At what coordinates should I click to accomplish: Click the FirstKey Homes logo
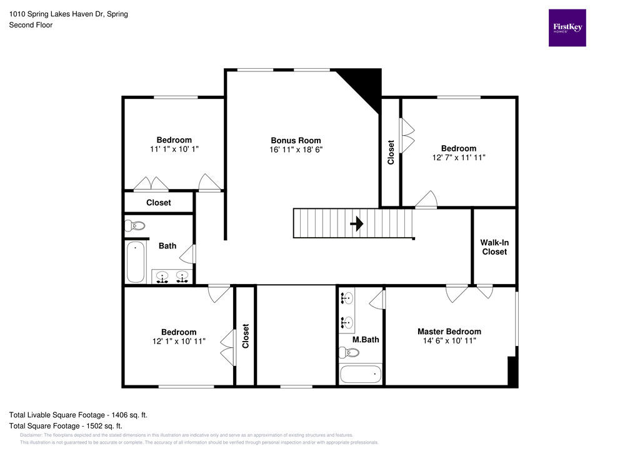(x=567, y=28)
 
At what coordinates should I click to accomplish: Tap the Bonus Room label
(x=296, y=140)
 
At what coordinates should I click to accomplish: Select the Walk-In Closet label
(x=494, y=247)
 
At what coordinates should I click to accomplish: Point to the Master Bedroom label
(x=449, y=332)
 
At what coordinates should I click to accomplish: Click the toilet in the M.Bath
(x=350, y=353)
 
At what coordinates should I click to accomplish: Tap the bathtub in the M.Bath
(x=360, y=374)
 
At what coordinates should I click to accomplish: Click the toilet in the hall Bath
(x=135, y=225)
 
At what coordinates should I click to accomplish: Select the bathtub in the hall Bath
(x=136, y=262)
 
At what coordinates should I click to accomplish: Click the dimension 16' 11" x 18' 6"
(x=296, y=150)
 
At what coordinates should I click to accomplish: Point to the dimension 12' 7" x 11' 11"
(x=459, y=158)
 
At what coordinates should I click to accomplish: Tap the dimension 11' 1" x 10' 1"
(x=174, y=150)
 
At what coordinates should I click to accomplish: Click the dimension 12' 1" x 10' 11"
(x=178, y=342)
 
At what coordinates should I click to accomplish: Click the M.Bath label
(x=366, y=340)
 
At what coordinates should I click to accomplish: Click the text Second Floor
(x=31, y=25)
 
